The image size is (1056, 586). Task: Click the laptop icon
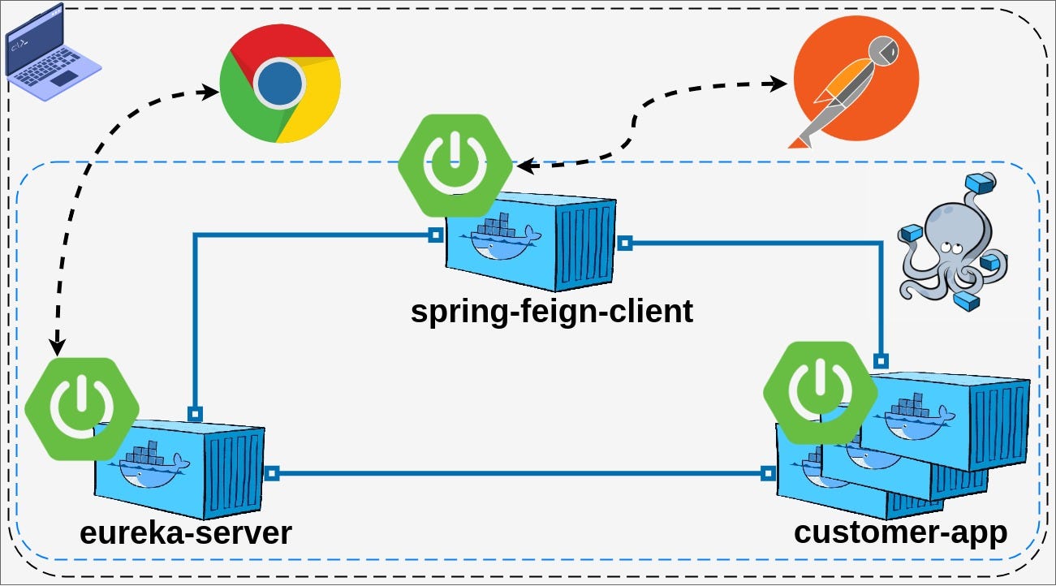click(x=52, y=52)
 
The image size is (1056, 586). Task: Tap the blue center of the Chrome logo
click(x=280, y=84)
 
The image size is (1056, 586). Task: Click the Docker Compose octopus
click(x=953, y=241)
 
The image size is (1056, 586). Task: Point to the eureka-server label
click(x=186, y=534)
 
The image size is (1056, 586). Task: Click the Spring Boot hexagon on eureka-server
click(x=81, y=409)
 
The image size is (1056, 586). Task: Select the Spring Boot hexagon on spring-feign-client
click(x=455, y=166)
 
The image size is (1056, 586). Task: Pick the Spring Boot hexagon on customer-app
click(x=820, y=393)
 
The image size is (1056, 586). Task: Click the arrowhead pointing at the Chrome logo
click(x=209, y=92)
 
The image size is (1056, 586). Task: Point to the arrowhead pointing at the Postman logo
click(x=775, y=84)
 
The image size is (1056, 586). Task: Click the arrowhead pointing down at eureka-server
click(x=58, y=346)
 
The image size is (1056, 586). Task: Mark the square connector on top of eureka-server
click(x=195, y=414)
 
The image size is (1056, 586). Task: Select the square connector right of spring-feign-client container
click(x=625, y=243)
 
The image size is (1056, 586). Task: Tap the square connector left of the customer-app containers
click(x=768, y=473)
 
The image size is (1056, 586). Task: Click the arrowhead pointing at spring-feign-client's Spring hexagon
click(x=528, y=166)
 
